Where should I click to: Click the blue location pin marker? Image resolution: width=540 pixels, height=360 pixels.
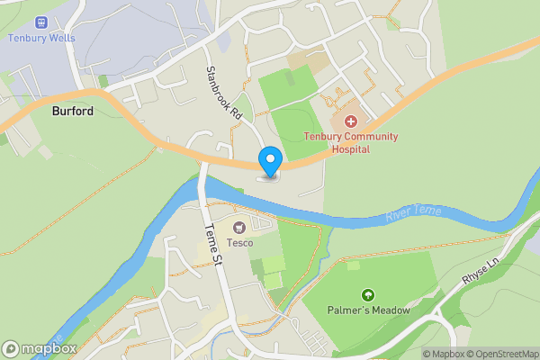click(x=269, y=161)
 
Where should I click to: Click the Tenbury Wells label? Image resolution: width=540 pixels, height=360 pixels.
click(x=41, y=38)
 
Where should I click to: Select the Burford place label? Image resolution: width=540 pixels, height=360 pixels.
click(x=73, y=112)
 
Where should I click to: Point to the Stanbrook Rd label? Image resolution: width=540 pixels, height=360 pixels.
click(x=224, y=94)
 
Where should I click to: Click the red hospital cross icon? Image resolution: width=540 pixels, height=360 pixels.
click(x=350, y=121)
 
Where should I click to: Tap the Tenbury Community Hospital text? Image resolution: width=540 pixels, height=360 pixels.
click(x=350, y=142)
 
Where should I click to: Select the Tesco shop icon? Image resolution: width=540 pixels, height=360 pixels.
click(x=239, y=228)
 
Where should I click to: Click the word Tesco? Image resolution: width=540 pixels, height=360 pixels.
click(x=239, y=243)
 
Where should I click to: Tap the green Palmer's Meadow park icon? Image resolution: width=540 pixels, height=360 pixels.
click(x=367, y=295)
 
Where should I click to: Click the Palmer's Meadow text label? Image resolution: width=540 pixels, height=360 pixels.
click(x=367, y=310)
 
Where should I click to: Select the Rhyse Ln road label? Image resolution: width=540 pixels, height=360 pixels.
click(x=480, y=270)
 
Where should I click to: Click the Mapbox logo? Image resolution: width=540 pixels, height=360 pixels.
click(x=40, y=348)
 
